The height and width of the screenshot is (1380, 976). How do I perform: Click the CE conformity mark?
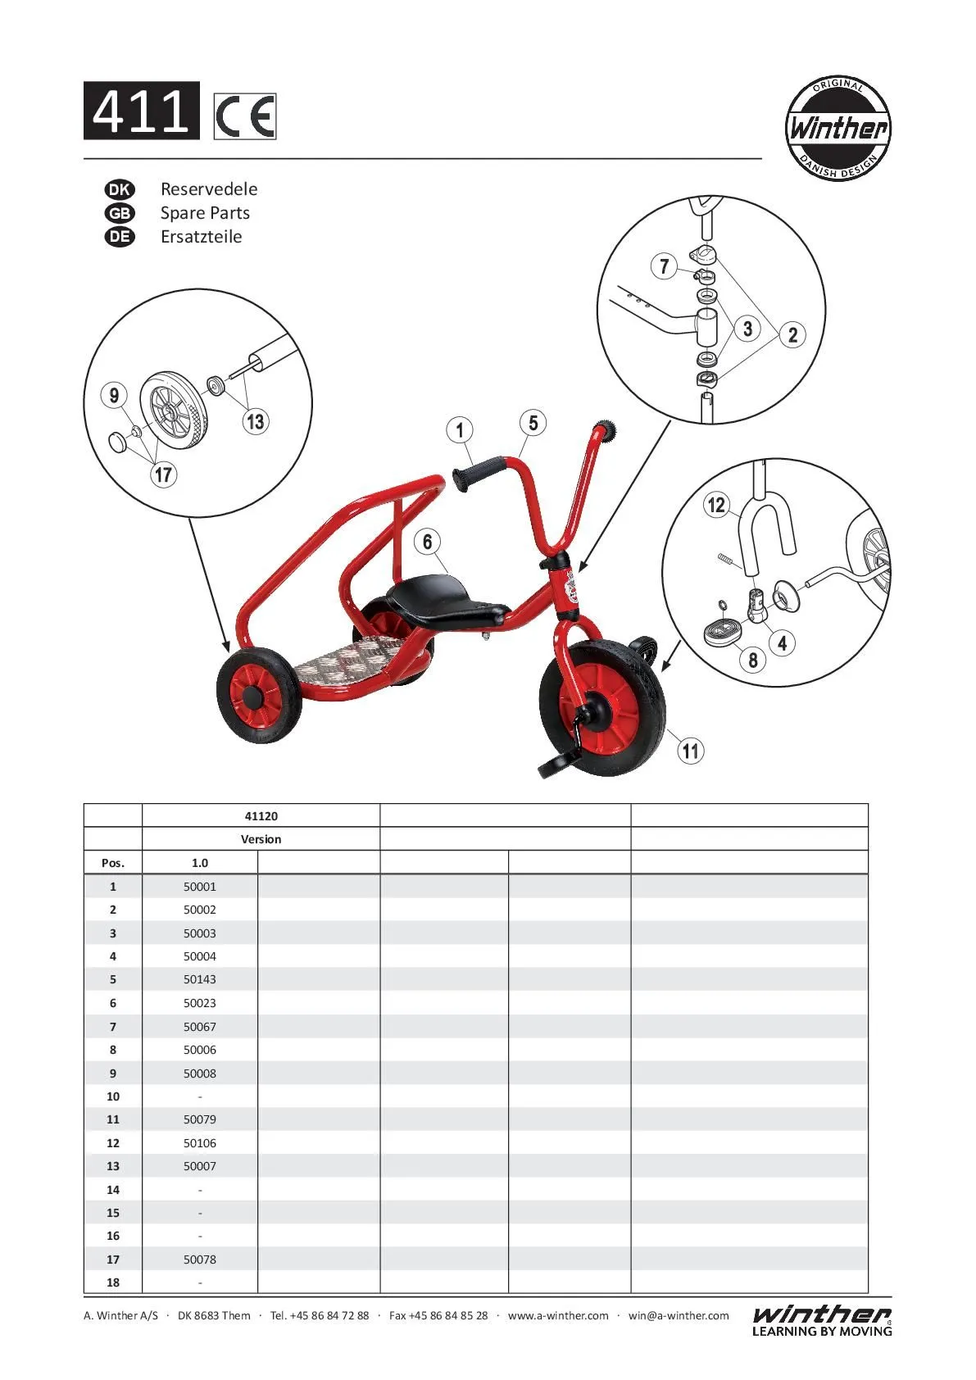click(245, 116)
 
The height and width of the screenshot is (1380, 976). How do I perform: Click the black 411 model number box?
click(142, 111)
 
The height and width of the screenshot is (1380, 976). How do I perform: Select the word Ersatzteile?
click(201, 237)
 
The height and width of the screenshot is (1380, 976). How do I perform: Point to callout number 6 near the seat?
click(427, 542)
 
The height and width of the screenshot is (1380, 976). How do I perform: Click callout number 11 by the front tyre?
click(691, 750)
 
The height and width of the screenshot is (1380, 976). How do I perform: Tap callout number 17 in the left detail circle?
click(164, 474)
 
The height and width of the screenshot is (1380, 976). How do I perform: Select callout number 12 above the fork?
click(716, 505)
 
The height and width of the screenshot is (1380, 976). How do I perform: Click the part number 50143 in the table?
click(200, 979)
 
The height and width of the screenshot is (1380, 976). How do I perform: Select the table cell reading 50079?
click(200, 1119)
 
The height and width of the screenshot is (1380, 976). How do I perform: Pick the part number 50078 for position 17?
click(200, 1260)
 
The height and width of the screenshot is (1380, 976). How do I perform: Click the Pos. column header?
click(113, 863)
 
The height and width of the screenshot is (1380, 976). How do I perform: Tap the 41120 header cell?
click(261, 816)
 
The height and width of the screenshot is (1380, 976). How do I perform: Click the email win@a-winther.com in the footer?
click(679, 1315)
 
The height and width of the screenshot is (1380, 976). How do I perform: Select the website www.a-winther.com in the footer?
click(558, 1315)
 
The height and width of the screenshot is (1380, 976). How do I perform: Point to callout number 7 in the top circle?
click(665, 266)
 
